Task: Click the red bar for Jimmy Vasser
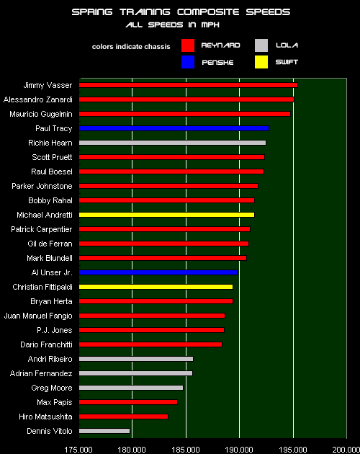point(187,85)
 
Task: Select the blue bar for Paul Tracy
point(173,128)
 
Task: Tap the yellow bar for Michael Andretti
point(166,215)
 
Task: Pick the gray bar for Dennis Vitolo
point(104,431)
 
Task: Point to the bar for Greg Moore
point(130,388)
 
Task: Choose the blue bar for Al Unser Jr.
point(158,272)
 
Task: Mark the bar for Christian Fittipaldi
point(156,287)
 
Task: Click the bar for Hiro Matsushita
point(123,417)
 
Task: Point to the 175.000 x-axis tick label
point(78,448)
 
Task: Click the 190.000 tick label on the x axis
point(239,448)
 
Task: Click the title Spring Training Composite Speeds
point(180,12)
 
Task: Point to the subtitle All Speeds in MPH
point(180,25)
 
